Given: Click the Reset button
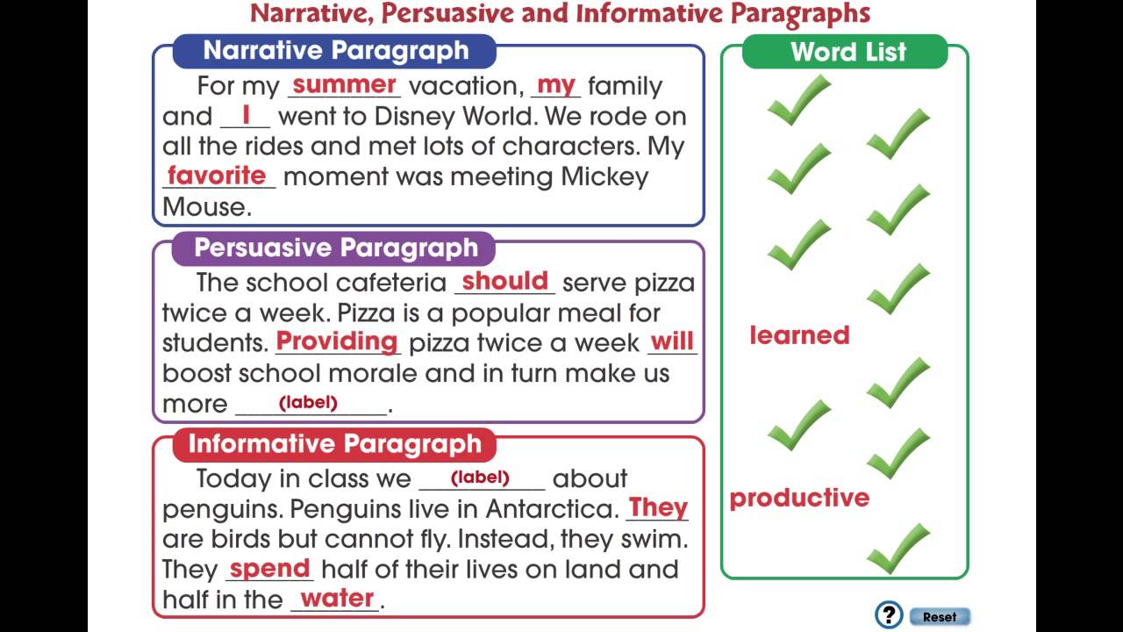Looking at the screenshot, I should tap(939, 616).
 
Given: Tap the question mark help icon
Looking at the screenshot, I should tap(889, 614).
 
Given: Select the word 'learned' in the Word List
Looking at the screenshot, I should tap(799, 335).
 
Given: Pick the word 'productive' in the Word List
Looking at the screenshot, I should tap(799, 498).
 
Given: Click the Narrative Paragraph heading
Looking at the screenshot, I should tap(335, 51).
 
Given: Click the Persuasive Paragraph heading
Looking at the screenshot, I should tap(335, 248).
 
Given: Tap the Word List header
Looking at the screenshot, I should tap(848, 52).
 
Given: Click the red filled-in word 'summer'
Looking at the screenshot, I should tap(344, 85).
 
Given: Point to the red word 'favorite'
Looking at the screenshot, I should tap(217, 176).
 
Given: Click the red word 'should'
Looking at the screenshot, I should tap(504, 281).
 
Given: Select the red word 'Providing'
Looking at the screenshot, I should tap(337, 341).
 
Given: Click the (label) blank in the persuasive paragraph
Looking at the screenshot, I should tap(309, 403).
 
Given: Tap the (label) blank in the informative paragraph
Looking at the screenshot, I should tap(480, 478).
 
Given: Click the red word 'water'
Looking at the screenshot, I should tap(337, 599).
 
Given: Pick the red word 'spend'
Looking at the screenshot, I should tap(269, 568).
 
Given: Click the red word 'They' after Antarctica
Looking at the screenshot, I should tap(658, 507).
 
